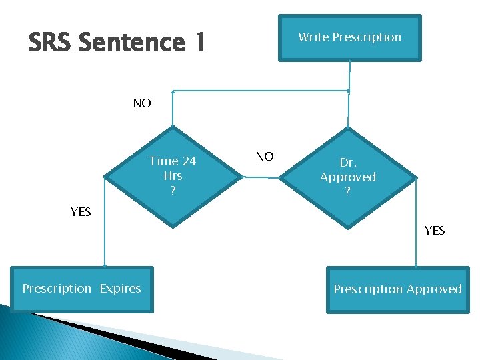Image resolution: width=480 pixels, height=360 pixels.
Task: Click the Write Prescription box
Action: coord(350,38)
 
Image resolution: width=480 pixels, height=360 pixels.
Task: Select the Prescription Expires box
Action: coord(81,289)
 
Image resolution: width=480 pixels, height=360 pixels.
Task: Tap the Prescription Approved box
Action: coord(397,289)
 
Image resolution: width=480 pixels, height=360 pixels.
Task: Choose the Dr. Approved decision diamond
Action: coord(348,177)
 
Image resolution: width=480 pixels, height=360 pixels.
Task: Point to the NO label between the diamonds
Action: coord(265,157)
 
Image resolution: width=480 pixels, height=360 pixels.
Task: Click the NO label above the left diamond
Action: coord(142,103)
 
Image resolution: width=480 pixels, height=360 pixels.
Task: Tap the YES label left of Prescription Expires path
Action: coord(81,212)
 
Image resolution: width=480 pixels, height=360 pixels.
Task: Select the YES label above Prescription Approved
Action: coord(435,231)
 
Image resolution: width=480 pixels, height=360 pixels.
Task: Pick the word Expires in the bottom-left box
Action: coord(120,289)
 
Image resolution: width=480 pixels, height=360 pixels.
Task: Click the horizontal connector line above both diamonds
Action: coord(260,91)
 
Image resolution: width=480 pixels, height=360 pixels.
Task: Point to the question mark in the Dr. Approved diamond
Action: coord(348,193)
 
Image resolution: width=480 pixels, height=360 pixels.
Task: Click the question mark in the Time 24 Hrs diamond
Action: coord(173,191)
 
